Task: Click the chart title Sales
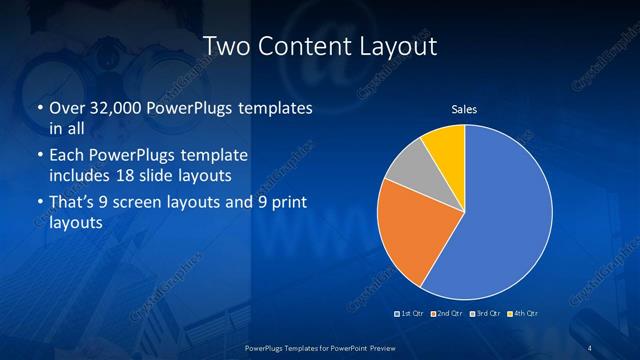[464, 108]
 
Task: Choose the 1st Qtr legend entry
[412, 314]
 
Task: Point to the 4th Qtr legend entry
[521, 314]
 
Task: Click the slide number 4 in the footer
[589, 347]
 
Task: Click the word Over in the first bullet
[67, 108]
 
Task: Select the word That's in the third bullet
[73, 204]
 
